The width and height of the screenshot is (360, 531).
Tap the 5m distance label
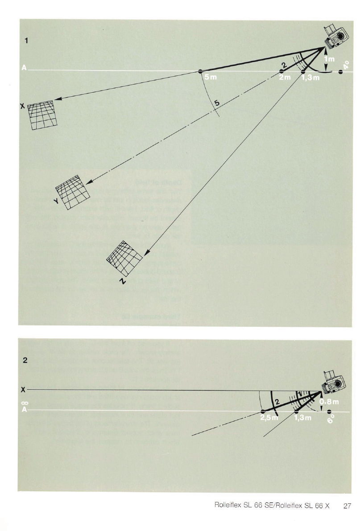pyautogui.click(x=210, y=78)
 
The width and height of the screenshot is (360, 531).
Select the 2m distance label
pyautogui.click(x=285, y=78)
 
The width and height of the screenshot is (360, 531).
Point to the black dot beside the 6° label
pyautogui.click(x=329, y=412)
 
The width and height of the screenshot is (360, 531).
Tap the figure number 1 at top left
pyautogui.click(x=26, y=40)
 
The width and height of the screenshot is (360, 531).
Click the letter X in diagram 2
pyautogui.click(x=22, y=389)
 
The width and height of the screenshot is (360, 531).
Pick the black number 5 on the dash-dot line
pyautogui.click(x=217, y=103)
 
